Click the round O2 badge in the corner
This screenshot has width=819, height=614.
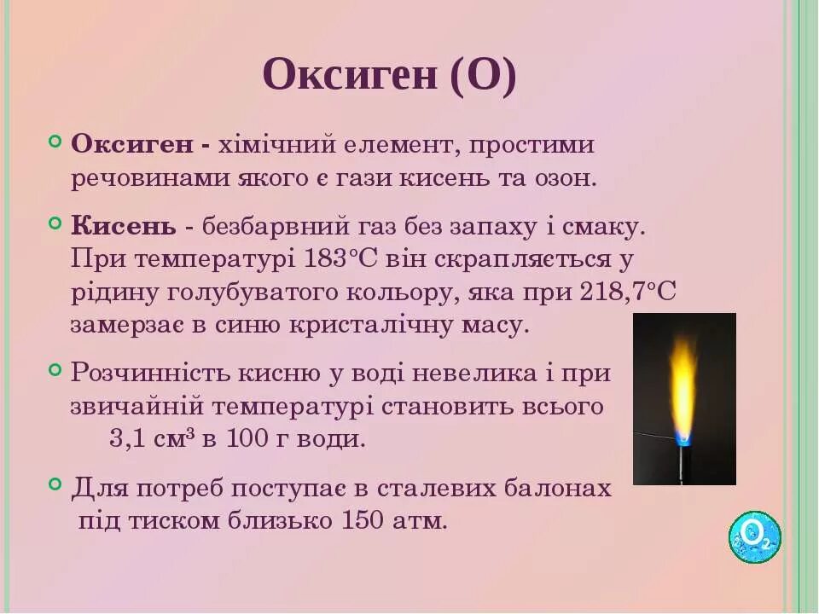click(755, 536)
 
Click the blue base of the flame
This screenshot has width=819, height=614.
click(682, 437)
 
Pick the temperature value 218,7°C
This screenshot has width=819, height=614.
click(629, 292)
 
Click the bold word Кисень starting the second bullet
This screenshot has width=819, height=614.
click(124, 227)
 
